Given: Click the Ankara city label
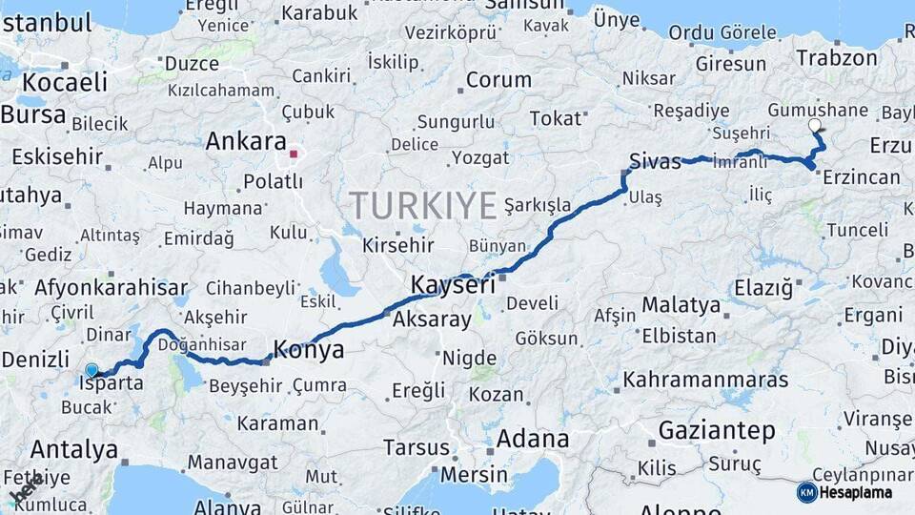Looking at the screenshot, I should [246, 142].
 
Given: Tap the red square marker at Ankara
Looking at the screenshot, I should [295, 153].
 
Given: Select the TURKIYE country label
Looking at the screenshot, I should [423, 205].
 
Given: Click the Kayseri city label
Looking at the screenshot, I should [453, 284].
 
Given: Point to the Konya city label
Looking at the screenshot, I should [308, 350].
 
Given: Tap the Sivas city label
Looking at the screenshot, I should [655, 160].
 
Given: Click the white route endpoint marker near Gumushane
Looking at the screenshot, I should [813, 125].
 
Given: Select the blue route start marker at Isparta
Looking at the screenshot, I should [91, 370].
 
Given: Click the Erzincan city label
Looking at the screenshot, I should [861, 177].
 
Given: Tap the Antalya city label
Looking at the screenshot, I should [74, 449].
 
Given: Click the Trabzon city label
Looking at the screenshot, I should [837, 57].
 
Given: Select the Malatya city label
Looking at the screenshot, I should [681, 305].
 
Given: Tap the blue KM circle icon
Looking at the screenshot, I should [806, 492].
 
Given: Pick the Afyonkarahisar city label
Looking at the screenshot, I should [111, 287].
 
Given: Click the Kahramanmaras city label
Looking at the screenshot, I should [705, 380].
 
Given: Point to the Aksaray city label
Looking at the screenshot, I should [432, 319].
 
